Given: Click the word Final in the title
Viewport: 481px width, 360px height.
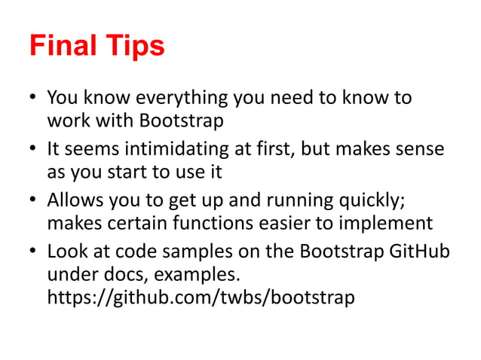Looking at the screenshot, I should (63, 47).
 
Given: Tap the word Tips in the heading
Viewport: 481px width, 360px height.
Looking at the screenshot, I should (134, 47).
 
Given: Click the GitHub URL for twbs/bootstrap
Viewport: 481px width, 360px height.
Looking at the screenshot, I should (200, 297).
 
